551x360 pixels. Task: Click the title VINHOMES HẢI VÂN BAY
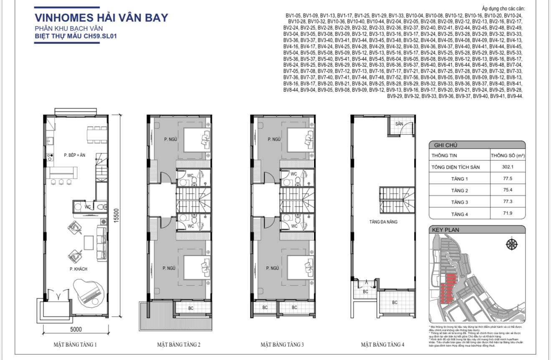pyautogui.click(x=101, y=18)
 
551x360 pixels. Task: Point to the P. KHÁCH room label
pyautogui.click(x=78, y=269)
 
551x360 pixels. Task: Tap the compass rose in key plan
pyautogui.click(x=512, y=244)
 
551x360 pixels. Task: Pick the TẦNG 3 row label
pyautogui.click(x=459, y=202)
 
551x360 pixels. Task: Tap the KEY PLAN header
pyautogui.click(x=447, y=229)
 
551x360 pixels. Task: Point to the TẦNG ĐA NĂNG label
pyautogui.click(x=383, y=222)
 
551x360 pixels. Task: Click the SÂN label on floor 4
pyautogui.click(x=399, y=124)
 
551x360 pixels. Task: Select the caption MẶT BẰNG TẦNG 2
pyautogui.click(x=179, y=345)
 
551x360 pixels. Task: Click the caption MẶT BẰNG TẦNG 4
pyautogui.click(x=382, y=345)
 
